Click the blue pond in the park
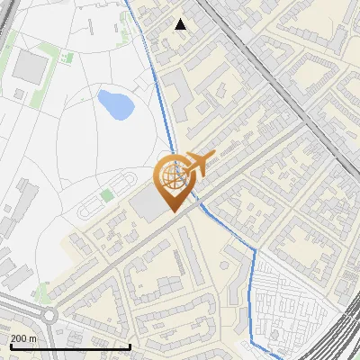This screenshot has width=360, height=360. point(115,103)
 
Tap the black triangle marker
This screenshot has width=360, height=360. point(181,24)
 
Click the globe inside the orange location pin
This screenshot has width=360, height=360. point(171,176)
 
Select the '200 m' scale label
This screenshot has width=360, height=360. point(24,337)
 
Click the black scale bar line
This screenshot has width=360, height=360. point(70,346)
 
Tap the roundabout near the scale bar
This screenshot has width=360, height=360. point(46,317)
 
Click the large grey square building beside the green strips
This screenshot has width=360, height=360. point(32,64)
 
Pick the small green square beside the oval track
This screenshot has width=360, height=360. point(107,194)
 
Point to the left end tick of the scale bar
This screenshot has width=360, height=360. point(10,346)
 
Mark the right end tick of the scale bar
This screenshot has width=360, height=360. point(130,346)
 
